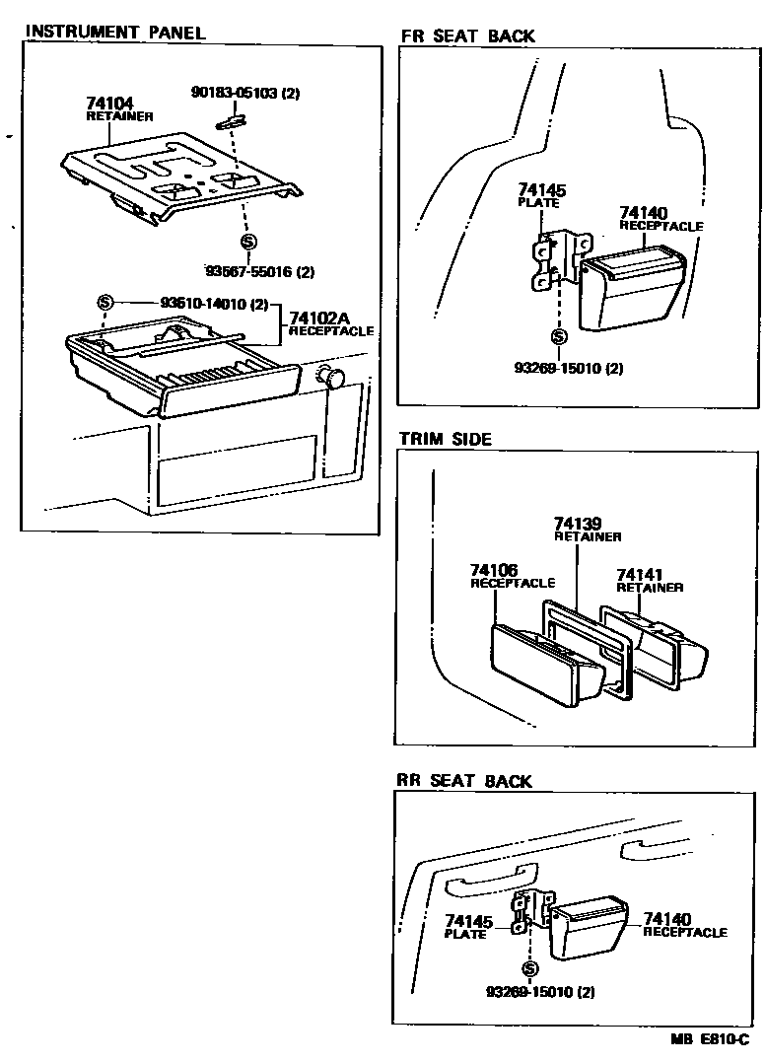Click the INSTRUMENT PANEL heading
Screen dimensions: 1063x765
click(x=114, y=32)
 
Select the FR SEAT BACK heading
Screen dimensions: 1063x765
click(x=467, y=36)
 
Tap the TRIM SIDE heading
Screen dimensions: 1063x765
click(x=445, y=439)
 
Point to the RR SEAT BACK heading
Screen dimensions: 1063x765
click(x=463, y=781)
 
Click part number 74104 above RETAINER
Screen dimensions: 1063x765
click(x=110, y=103)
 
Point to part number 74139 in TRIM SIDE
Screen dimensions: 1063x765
click(x=578, y=523)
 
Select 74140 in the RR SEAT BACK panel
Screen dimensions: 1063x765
click(x=667, y=919)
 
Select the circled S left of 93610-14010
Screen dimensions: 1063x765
click(x=105, y=302)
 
